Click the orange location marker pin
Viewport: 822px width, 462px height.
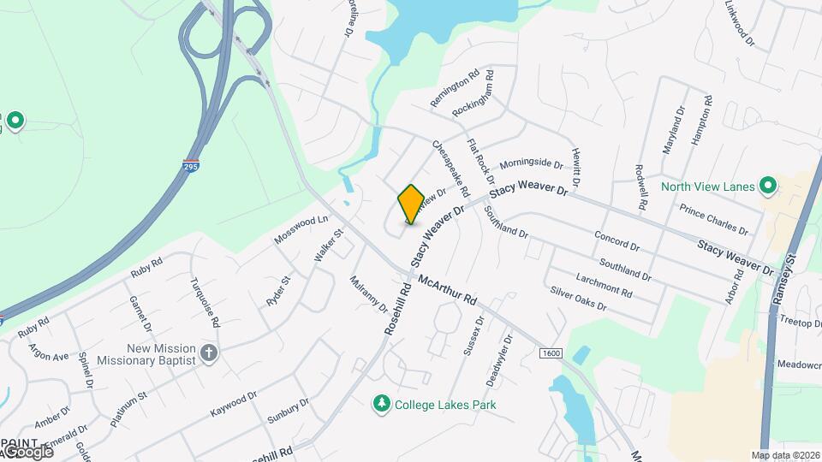point(411,204)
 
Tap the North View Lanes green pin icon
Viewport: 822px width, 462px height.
point(769,186)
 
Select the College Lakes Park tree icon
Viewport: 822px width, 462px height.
point(382,403)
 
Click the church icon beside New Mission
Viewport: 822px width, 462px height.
point(208,353)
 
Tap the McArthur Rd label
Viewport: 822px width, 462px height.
point(446,290)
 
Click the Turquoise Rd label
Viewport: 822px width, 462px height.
point(205,303)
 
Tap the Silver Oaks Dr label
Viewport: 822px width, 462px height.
point(578,299)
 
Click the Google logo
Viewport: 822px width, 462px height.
point(27,451)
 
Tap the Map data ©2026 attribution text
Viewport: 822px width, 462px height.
point(786,455)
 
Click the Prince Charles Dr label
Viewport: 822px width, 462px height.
point(713,220)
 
